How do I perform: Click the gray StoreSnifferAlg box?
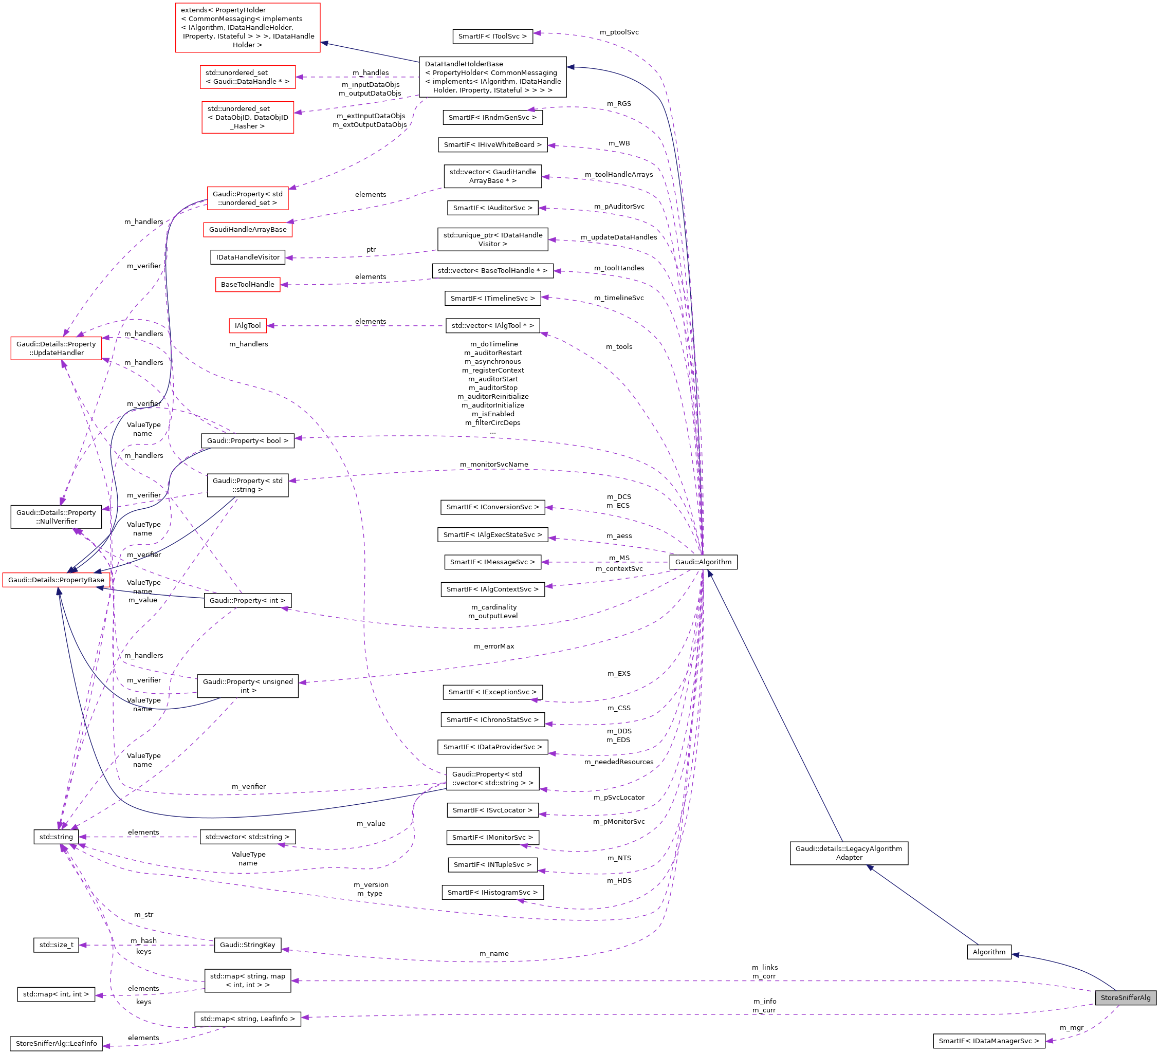tap(1125, 997)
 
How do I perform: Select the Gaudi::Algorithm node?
tap(703, 562)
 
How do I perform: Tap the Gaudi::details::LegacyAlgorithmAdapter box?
tap(849, 853)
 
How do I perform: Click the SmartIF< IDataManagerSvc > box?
tap(988, 1041)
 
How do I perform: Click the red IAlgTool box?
tap(248, 325)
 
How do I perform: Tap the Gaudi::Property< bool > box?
tap(247, 441)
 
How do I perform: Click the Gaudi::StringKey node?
tap(247, 945)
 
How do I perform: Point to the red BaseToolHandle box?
tap(247, 285)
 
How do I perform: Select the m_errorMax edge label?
tap(494, 646)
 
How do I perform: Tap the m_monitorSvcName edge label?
tap(494, 465)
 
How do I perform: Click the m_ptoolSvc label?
tap(619, 32)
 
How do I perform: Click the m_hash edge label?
tap(144, 941)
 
